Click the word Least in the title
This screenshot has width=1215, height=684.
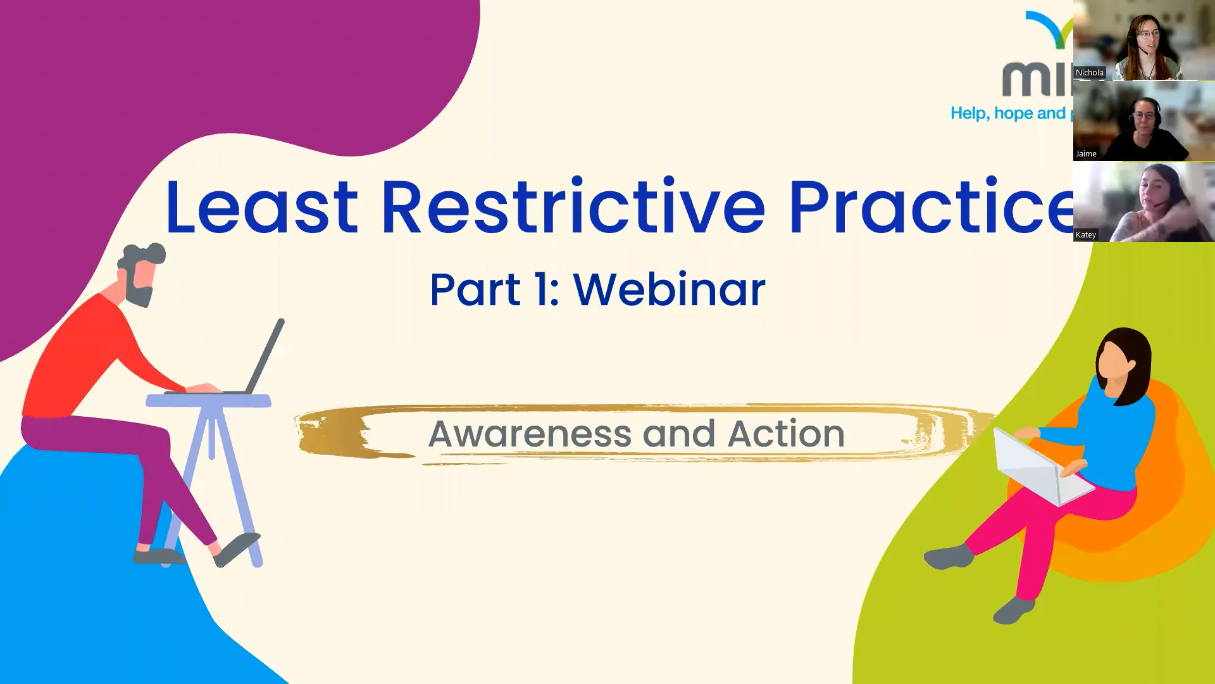coord(261,208)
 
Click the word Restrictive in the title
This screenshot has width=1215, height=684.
coord(573,208)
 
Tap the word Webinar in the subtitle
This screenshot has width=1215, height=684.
coord(669,290)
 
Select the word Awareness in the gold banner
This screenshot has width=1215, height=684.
coord(530,434)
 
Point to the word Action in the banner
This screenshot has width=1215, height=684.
coord(786,434)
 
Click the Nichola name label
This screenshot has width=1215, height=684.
coord(1089,73)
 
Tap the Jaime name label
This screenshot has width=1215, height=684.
coord(1086,154)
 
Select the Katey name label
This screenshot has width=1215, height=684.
coord(1086,235)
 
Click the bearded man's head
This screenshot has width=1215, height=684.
coord(142,272)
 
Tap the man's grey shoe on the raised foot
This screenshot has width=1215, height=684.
coord(237,548)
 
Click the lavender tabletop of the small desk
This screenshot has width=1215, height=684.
coord(208,400)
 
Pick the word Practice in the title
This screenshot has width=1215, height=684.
coord(930,208)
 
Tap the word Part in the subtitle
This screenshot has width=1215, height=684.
coord(475,290)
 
